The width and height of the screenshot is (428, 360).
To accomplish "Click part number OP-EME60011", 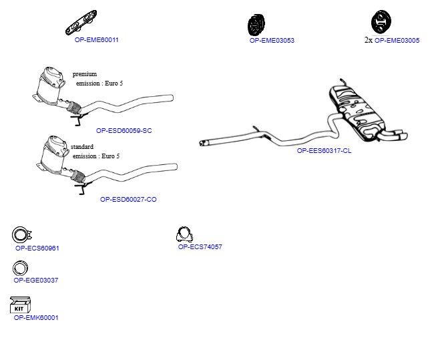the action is tap(96, 40).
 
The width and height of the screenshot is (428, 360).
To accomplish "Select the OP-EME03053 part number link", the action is tap(272, 41).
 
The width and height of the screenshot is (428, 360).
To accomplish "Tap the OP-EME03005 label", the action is tap(397, 41).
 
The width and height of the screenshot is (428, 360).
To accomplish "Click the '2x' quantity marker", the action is tap(368, 40).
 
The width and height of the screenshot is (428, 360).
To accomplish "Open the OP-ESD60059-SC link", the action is tap(124, 130).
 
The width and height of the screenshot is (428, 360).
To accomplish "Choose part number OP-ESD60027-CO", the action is tap(128, 200).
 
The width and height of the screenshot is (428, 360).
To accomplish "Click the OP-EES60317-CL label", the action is tap(324, 150).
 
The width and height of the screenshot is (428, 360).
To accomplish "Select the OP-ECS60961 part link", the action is tap(37, 248).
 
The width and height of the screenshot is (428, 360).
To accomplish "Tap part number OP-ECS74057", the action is tap(200, 246).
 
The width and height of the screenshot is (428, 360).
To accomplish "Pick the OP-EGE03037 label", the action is tap(36, 280).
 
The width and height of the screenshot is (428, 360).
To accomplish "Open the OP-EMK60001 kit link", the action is tap(36, 317).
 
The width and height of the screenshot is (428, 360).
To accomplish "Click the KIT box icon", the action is tap(20, 305).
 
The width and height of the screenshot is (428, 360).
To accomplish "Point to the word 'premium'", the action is tap(85, 74).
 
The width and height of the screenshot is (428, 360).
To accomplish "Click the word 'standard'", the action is tap(82, 147).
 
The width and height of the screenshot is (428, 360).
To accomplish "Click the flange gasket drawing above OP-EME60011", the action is tap(81, 23).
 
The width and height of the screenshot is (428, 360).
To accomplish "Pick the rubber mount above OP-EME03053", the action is tap(256, 25).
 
